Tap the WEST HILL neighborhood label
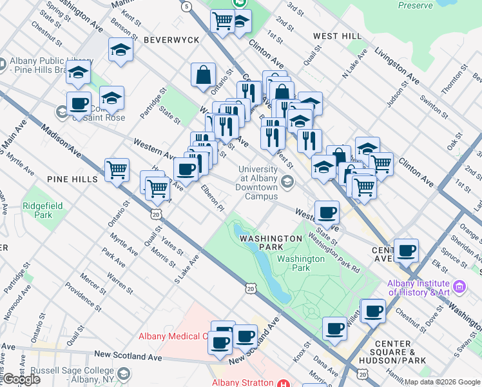pos(333,36)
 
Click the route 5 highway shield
pos(186,6)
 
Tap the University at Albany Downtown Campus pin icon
pos(287,183)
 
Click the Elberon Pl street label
pos(212,198)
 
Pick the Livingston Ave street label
pos(398,66)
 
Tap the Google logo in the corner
pos(21,379)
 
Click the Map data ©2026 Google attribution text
pos(441,382)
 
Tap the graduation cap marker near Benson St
pos(120,50)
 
